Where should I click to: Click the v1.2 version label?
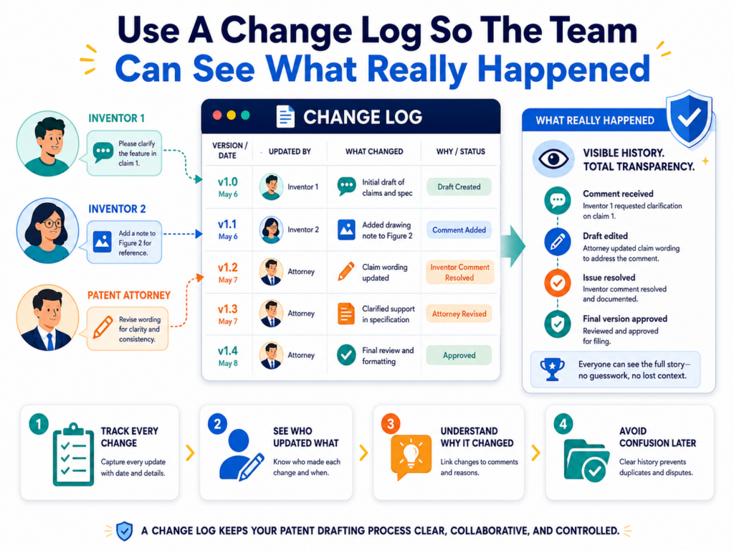227,268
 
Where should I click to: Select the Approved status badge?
459,355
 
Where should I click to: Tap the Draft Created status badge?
459,187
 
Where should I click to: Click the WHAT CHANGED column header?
374,151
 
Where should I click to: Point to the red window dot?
217,116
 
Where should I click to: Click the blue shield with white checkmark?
689,118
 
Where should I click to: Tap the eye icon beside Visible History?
553,159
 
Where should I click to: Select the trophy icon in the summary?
553,369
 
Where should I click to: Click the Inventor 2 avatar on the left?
47,230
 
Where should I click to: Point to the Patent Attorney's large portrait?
47,317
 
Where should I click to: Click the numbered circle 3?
391,424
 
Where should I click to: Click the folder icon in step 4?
586,460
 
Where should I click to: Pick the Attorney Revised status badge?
459,314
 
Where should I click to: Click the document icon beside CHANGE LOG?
285,116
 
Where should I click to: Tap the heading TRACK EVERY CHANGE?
130,437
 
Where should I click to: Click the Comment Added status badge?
459,230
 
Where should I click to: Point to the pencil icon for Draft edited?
557,242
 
